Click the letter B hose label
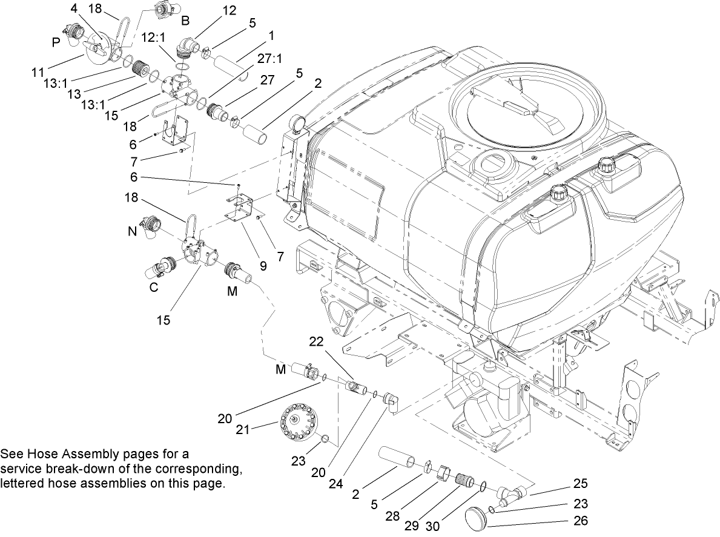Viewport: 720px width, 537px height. tap(186, 20)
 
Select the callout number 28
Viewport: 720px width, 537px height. tap(393, 516)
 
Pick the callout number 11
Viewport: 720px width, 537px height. tap(38, 72)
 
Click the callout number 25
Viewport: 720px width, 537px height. tap(580, 484)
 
